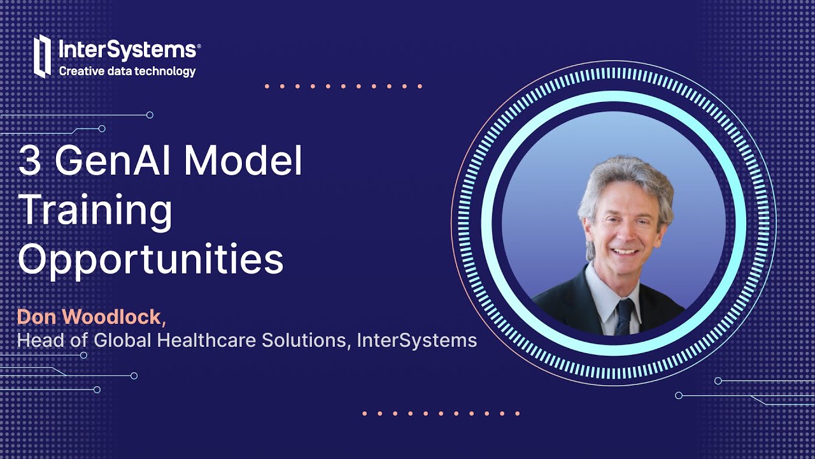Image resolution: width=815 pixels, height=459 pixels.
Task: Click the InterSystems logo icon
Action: click(42, 55)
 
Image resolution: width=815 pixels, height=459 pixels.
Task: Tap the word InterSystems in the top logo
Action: click(127, 49)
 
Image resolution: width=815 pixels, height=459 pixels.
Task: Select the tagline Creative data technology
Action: click(127, 71)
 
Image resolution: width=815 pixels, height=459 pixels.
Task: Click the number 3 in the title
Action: click(29, 162)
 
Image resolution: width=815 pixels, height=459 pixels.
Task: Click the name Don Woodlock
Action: click(90, 317)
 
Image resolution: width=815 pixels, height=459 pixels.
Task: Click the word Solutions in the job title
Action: click(307, 340)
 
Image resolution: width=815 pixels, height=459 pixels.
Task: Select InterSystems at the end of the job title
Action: click(417, 340)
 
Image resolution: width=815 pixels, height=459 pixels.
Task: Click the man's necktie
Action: click(625, 316)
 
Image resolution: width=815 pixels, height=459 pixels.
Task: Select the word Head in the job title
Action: click(41, 340)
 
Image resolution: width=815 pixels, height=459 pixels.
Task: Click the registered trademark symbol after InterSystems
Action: click(199, 46)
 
